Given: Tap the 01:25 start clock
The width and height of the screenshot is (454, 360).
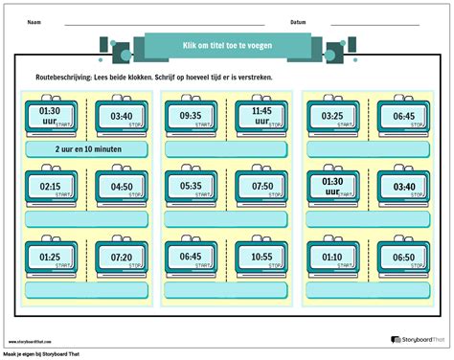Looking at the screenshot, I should point(52,258).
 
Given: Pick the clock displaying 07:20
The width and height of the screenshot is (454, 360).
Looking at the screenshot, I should point(121,258).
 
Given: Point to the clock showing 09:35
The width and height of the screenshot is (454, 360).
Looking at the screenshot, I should point(191,117).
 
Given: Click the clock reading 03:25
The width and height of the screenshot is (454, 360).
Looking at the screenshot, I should point(332,117).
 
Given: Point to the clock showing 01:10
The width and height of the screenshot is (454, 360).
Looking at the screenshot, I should point(332,258).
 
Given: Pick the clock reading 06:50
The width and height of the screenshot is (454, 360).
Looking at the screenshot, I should point(401,258).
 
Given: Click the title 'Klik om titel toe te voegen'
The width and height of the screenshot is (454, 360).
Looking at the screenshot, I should point(226,45).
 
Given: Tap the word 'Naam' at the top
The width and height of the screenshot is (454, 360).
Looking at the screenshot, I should point(34,21).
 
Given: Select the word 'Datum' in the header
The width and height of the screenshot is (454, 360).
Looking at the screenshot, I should point(298,21).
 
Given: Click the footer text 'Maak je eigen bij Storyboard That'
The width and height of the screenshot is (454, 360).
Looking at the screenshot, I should point(44,354).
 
